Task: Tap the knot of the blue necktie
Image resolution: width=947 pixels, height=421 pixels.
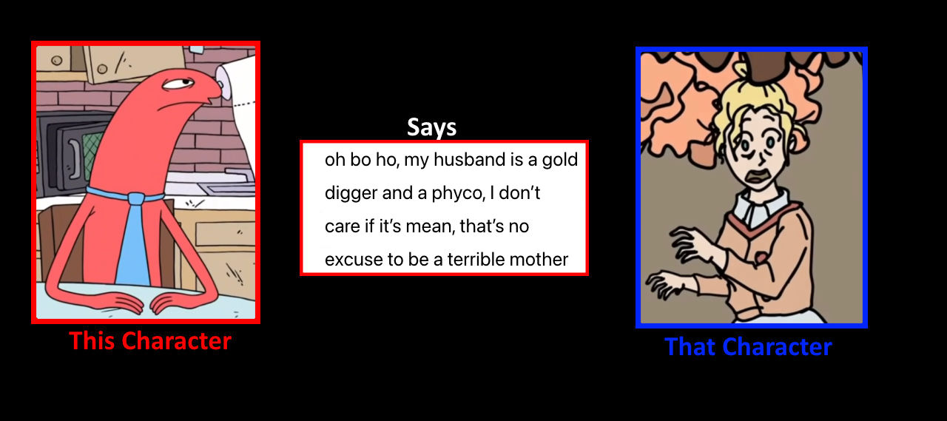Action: pos(136,198)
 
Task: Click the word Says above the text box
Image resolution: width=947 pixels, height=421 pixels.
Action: pos(431,127)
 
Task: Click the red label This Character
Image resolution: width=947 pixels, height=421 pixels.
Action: pos(150,340)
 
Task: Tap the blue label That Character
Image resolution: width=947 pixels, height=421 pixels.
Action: pos(748,346)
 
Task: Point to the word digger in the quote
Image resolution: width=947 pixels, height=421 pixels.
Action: pos(351,194)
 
